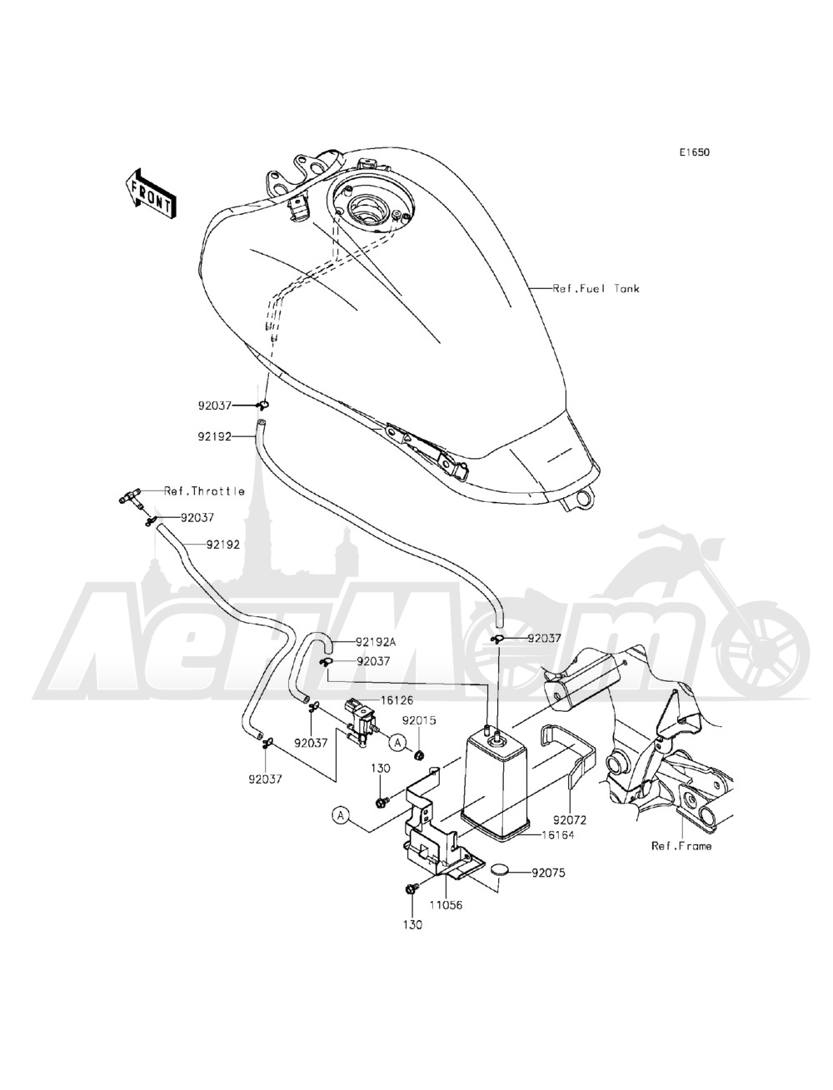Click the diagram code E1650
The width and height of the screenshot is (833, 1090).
(694, 153)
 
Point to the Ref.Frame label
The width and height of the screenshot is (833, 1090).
(681, 846)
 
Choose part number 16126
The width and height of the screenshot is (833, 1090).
(397, 700)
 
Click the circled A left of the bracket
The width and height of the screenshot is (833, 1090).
(340, 815)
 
